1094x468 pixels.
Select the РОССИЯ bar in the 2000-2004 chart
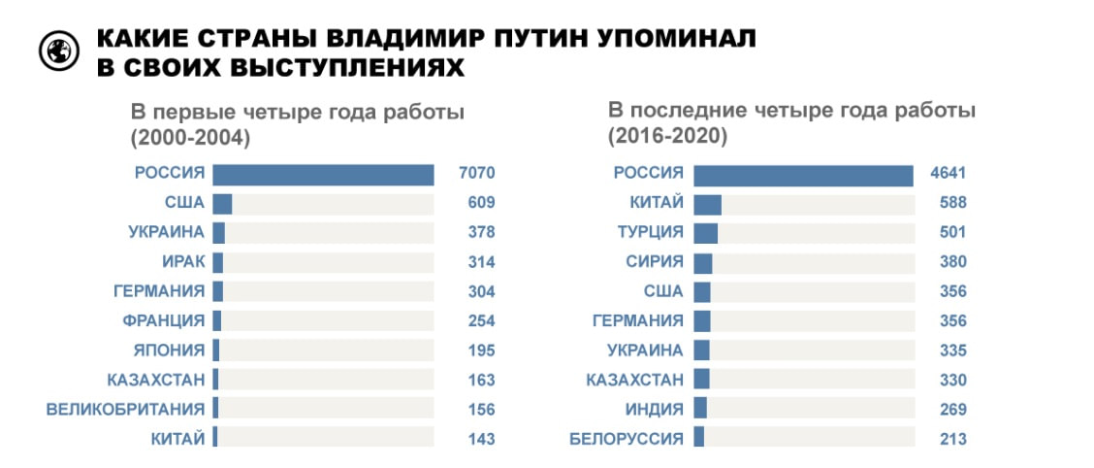[323, 174]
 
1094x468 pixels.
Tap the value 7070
[476, 174]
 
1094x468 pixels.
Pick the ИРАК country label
[183, 262]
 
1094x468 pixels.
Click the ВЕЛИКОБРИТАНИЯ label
[126, 409]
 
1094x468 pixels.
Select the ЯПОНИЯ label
[170, 351]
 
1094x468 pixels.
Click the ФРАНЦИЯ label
[163, 320]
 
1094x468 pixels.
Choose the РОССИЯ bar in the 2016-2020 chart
[804, 175]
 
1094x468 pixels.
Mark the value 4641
[948, 175]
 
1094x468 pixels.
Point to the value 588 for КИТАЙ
[952, 204]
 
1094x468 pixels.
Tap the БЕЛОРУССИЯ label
[627, 439]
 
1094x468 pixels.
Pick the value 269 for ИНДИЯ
[952, 409]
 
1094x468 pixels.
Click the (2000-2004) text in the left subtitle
[191, 137]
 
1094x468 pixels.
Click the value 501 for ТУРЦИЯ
[952, 233]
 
